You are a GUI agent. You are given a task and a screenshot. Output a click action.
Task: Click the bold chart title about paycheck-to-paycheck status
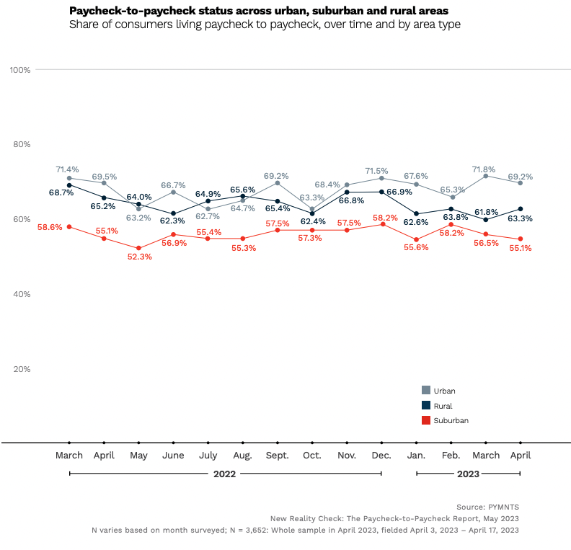click(x=257, y=11)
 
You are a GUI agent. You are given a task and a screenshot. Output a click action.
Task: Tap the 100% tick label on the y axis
click(x=19, y=70)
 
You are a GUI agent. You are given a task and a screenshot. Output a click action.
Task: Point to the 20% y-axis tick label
click(x=21, y=369)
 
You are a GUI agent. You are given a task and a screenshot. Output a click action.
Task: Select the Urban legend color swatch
click(x=426, y=391)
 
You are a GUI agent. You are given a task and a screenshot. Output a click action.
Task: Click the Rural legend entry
click(x=443, y=406)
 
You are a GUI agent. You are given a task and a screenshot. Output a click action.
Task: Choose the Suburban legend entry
click(x=451, y=420)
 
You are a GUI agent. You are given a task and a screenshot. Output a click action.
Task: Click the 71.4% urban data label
click(x=68, y=169)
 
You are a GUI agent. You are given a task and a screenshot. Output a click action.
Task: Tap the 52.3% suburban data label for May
click(x=139, y=257)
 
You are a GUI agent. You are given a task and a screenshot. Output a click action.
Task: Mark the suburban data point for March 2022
click(x=69, y=227)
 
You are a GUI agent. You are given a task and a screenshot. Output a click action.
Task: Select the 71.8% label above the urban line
click(x=483, y=169)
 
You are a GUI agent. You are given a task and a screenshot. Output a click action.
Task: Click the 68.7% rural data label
click(x=61, y=193)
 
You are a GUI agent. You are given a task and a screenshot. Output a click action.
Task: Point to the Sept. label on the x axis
click(x=277, y=456)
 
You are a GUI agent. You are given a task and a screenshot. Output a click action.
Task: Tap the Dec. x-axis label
click(x=381, y=456)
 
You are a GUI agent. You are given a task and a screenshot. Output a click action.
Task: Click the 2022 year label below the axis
click(x=225, y=474)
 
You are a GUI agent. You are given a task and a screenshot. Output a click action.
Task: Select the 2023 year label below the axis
click(x=468, y=474)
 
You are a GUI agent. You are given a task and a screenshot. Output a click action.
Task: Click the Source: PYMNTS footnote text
click(x=487, y=507)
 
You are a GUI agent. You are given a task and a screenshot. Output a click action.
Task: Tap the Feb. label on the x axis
click(x=451, y=456)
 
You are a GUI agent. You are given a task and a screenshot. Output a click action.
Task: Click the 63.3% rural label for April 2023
click(x=520, y=218)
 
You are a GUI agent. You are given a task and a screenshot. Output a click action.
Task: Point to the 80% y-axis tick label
click(x=21, y=145)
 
